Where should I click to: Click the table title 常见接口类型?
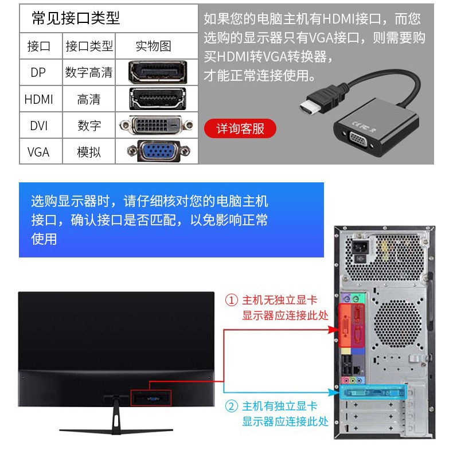(x=76, y=18)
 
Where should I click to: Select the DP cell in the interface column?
(x=38, y=72)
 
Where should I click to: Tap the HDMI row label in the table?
(x=38, y=99)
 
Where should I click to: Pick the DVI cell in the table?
(x=38, y=126)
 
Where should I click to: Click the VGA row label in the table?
(x=38, y=152)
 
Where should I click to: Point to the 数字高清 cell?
(x=89, y=72)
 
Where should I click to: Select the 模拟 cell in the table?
(x=89, y=152)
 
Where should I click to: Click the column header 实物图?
(x=153, y=46)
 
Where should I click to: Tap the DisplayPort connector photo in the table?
(x=158, y=72)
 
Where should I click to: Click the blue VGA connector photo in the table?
(x=158, y=151)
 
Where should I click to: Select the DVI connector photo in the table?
(x=156, y=125)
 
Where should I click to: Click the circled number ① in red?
(x=231, y=300)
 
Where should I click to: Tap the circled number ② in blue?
(x=231, y=407)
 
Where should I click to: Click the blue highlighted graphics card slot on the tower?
(x=373, y=392)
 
